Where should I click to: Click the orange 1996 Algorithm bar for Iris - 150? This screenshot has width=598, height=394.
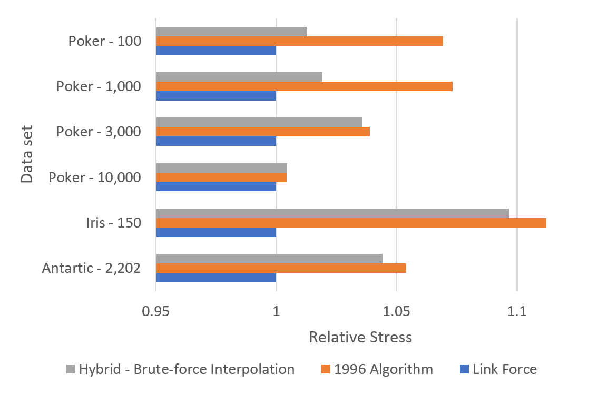(351, 223)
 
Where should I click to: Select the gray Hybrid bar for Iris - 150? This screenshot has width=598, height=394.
(332, 213)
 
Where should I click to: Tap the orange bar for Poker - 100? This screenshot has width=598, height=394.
(299, 41)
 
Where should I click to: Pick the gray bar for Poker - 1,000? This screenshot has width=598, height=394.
(239, 77)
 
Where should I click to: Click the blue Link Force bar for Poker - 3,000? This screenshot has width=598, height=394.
(216, 141)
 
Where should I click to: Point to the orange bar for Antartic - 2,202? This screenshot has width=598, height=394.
(281, 268)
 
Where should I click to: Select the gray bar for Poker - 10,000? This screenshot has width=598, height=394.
(221, 168)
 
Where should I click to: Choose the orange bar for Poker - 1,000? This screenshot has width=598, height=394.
(304, 86)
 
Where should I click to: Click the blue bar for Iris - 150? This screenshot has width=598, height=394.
(216, 232)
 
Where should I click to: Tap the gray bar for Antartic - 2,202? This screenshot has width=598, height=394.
(269, 259)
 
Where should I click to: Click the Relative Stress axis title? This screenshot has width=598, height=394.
(360, 337)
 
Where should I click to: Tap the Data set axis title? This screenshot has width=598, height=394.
(28, 154)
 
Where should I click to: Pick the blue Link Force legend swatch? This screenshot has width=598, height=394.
(464, 369)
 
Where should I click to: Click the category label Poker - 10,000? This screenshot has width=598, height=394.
(95, 178)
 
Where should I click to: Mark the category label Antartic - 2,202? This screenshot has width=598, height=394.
(91, 269)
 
